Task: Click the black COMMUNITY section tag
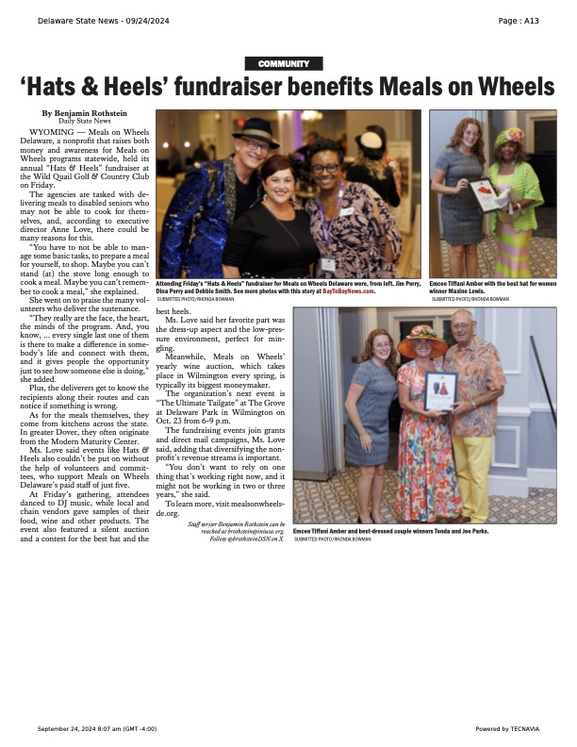click(x=284, y=63)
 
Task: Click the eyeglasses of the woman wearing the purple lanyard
click(x=325, y=169)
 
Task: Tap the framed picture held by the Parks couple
click(x=441, y=390)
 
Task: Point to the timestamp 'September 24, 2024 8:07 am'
click(x=82, y=728)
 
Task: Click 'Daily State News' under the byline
click(x=84, y=122)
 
